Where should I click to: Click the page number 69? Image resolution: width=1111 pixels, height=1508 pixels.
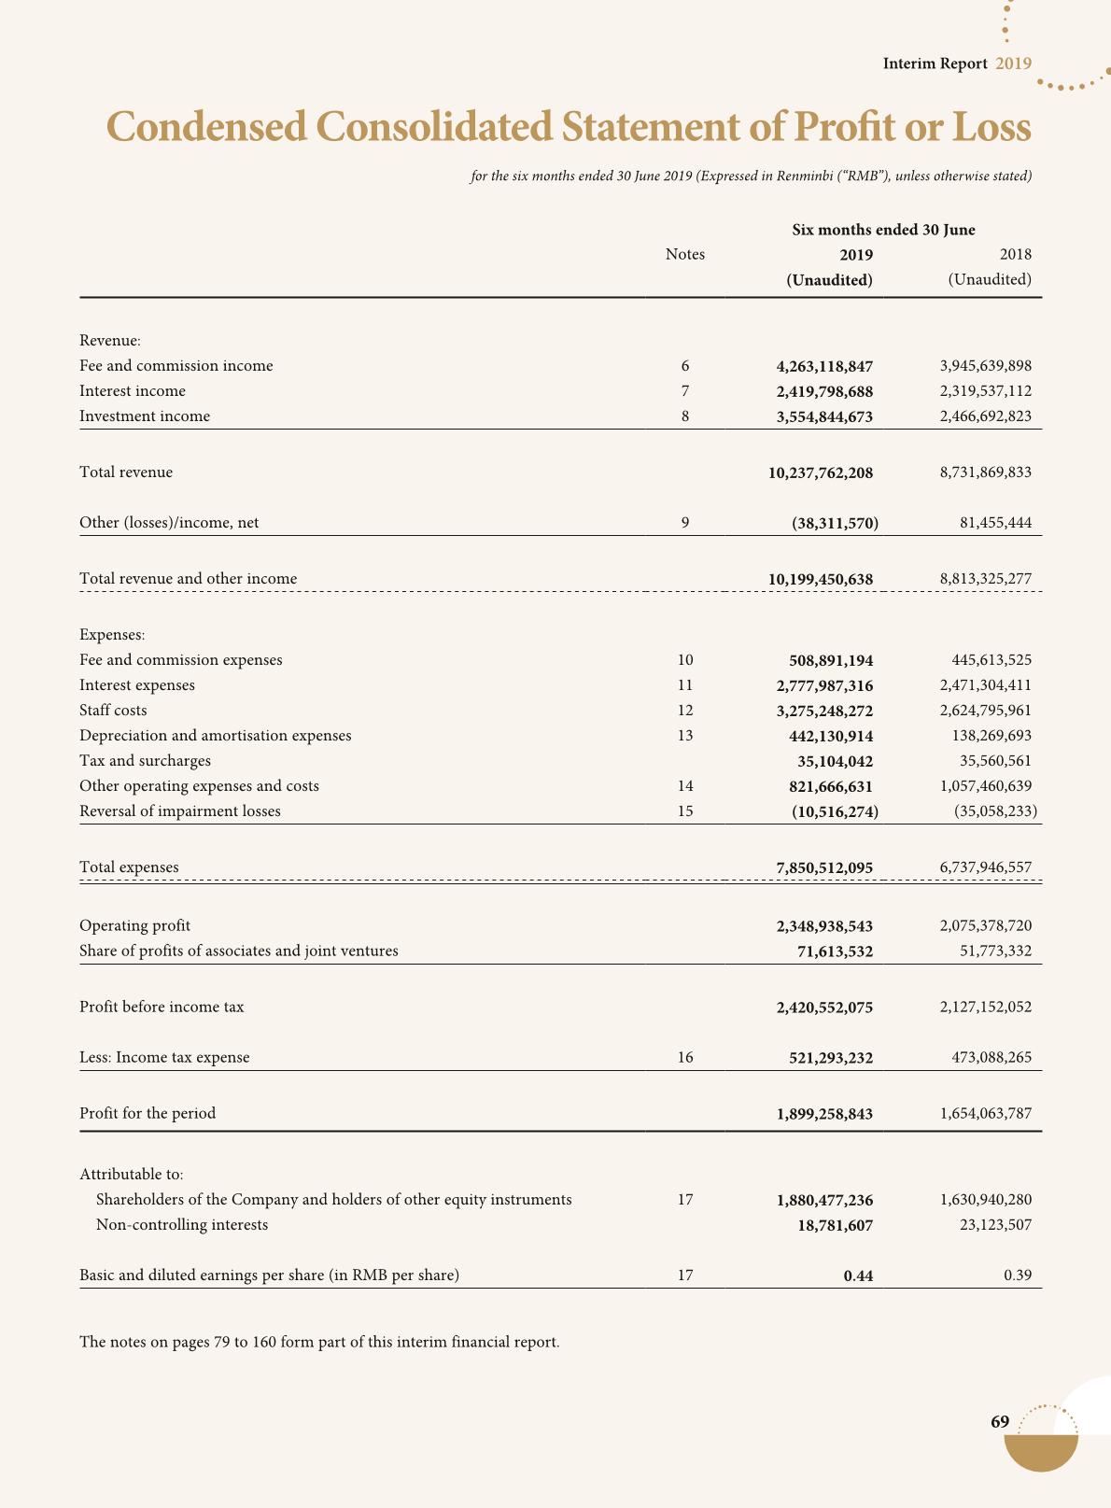pyautogui.click(x=1000, y=1422)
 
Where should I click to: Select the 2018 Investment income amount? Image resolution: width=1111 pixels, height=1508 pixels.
pyautogui.click(x=985, y=416)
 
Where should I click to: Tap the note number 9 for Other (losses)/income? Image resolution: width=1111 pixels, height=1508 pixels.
pyautogui.click(x=685, y=523)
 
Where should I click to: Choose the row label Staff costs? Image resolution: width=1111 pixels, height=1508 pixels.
pyautogui.click(x=113, y=711)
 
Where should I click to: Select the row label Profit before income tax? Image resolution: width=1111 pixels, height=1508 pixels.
pyautogui.click(x=162, y=1008)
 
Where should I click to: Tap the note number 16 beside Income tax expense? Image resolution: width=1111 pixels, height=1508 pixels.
pyautogui.click(x=685, y=1058)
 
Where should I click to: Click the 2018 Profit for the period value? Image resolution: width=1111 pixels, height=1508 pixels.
pyautogui.click(x=985, y=1114)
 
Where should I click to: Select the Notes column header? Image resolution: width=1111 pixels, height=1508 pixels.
pyautogui.click(x=685, y=255)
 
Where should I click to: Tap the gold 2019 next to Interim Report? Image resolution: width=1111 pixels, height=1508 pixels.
pyautogui.click(x=1013, y=63)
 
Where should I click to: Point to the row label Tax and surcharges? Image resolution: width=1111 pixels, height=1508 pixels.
pyautogui.click(x=145, y=761)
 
